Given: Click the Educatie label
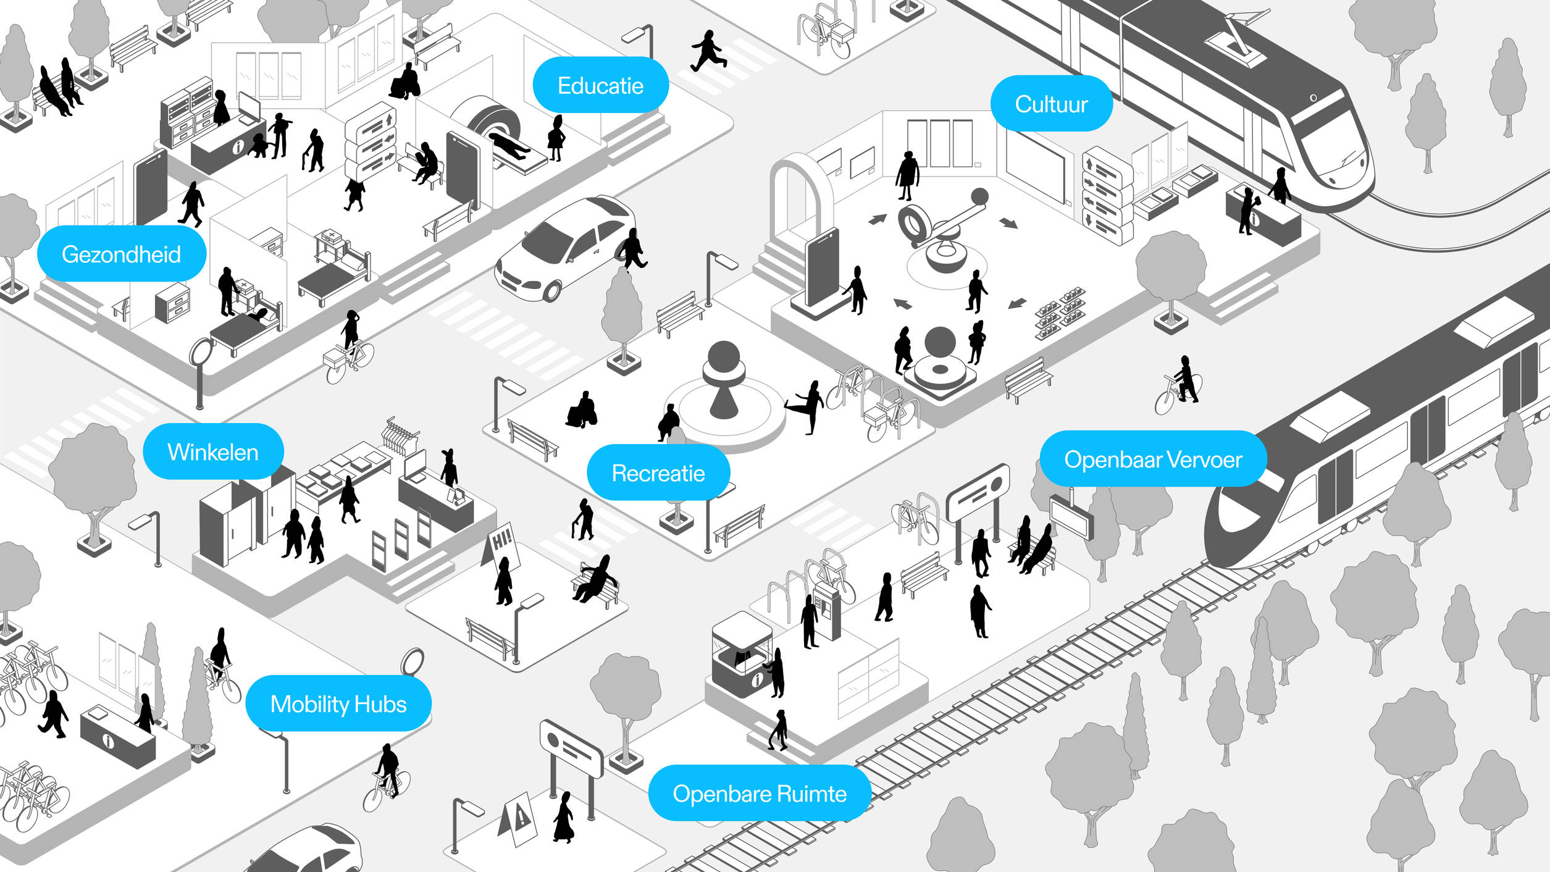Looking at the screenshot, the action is click(x=600, y=85).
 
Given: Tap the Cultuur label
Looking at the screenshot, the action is click(x=1051, y=104).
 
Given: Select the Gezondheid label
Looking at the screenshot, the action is click(x=121, y=254).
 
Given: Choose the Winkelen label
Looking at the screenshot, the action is click(x=213, y=451).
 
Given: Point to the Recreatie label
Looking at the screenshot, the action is click(x=658, y=472).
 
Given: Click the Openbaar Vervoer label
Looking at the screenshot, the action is click(x=1153, y=459).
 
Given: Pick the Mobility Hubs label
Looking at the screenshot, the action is click(x=338, y=703).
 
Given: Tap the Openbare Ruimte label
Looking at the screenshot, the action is click(x=760, y=793).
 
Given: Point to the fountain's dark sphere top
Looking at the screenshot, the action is click(x=724, y=356).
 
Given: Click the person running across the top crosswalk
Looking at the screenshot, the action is click(x=708, y=51).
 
